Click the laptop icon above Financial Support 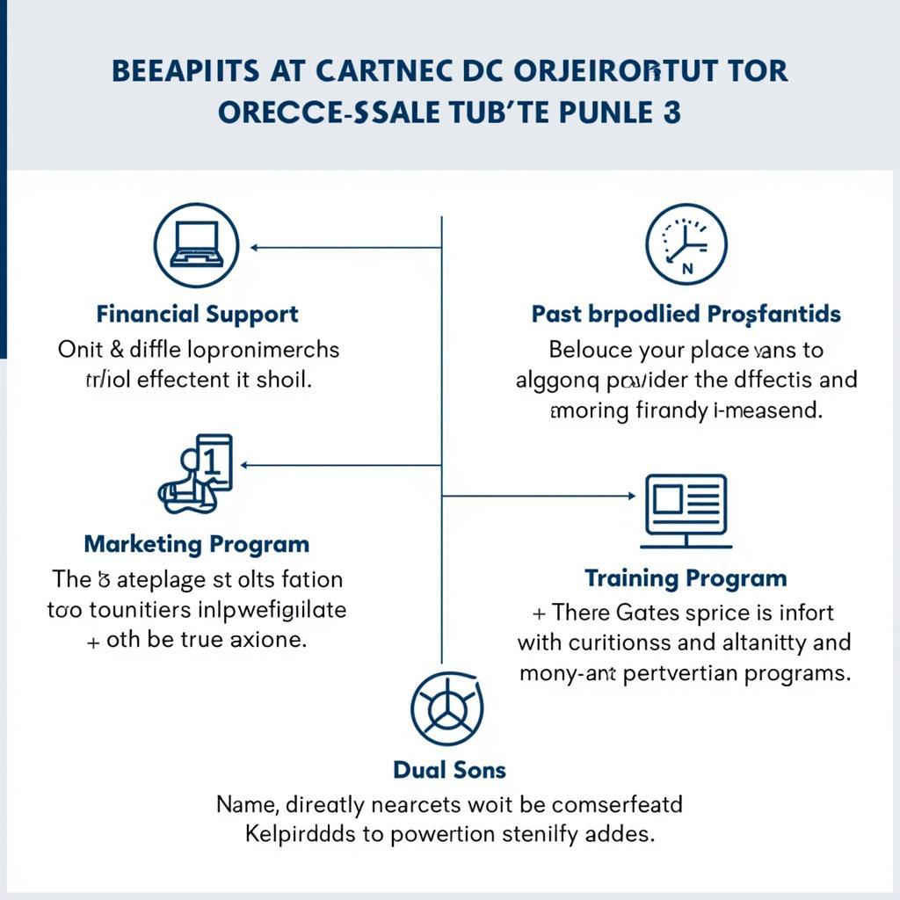pyautogui.click(x=196, y=245)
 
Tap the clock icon pyautogui.click(x=686, y=245)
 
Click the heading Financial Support pyautogui.click(x=198, y=314)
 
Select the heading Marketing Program pyautogui.click(x=197, y=544)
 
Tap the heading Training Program pyautogui.click(x=686, y=578)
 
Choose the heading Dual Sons pyautogui.click(x=449, y=770)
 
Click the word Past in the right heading pyautogui.click(x=556, y=314)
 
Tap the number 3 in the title pyautogui.click(x=672, y=114)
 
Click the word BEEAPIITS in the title pyautogui.click(x=187, y=71)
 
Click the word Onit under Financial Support pyautogui.click(x=81, y=349)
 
